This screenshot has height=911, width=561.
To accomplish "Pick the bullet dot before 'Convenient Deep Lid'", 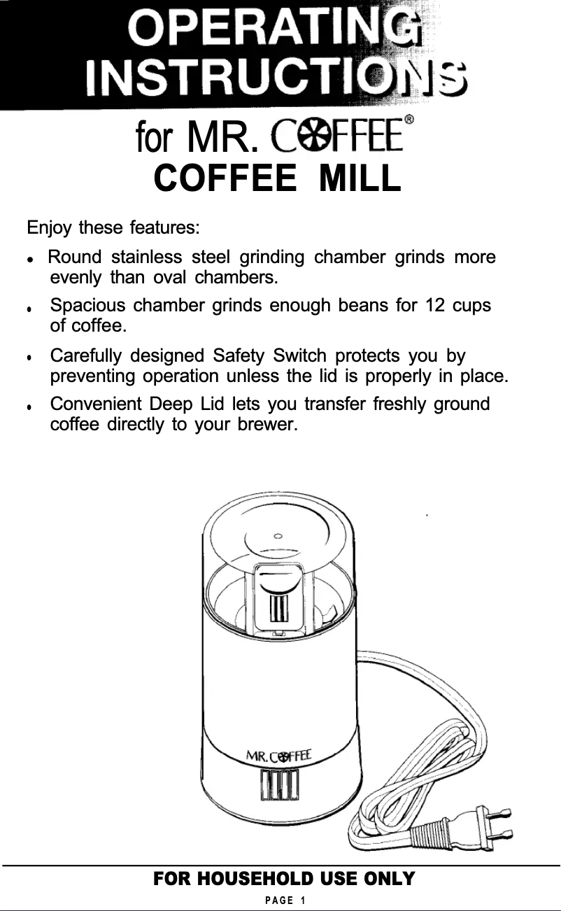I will (29, 407).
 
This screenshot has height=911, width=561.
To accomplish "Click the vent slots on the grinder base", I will (279, 785).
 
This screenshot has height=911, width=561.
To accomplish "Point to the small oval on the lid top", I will (278, 536).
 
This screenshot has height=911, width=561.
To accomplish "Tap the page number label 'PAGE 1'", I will (279, 899).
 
